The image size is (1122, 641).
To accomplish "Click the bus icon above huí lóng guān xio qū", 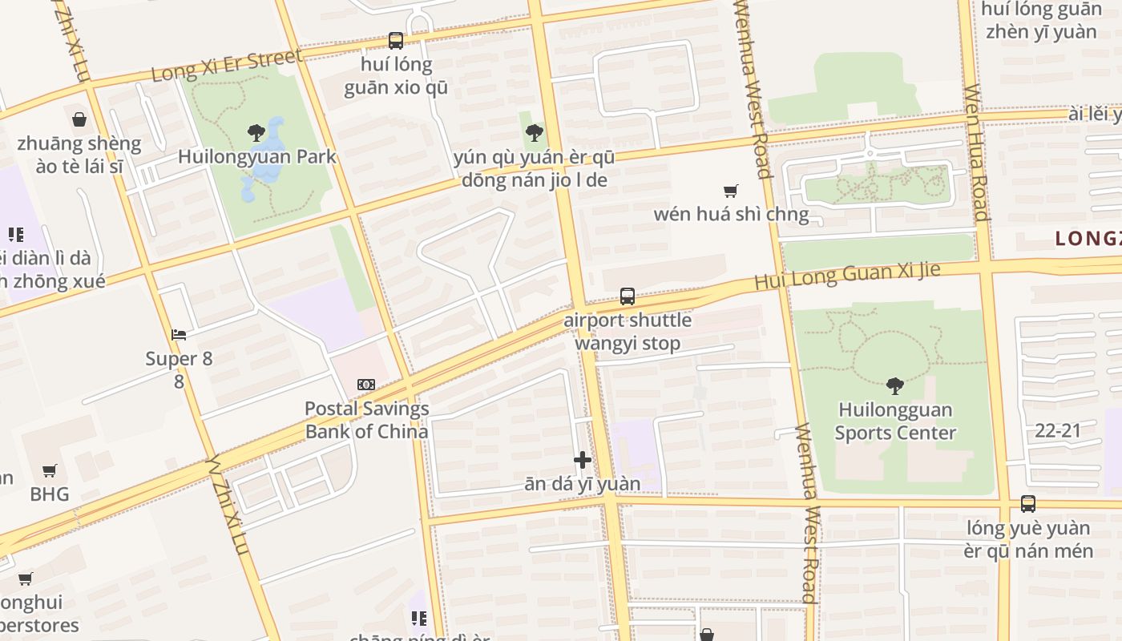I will click(396, 40).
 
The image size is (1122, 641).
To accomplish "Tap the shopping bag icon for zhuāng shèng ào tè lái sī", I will click(79, 120).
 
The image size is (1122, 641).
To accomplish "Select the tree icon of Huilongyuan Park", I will click(256, 132).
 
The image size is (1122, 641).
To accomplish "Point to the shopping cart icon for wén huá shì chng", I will click(730, 191).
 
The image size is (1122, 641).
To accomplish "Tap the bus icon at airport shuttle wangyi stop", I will click(628, 296).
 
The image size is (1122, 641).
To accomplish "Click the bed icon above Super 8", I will click(179, 334).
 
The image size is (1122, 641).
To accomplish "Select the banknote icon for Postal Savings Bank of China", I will click(366, 385).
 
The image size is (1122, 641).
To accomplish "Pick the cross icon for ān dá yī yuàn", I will click(583, 460).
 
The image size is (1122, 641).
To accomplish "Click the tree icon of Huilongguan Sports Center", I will click(895, 386).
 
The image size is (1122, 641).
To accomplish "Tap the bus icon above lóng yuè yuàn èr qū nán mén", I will click(1028, 504).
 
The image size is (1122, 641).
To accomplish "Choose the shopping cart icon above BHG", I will click(50, 470).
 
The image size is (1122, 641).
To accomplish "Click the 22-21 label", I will click(1058, 430).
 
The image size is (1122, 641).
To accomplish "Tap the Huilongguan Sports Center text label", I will click(895, 421).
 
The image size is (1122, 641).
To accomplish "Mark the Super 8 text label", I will click(179, 358).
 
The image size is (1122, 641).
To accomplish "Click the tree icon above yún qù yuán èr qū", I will click(534, 133).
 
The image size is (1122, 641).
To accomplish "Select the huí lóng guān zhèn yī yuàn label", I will click(1041, 21).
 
